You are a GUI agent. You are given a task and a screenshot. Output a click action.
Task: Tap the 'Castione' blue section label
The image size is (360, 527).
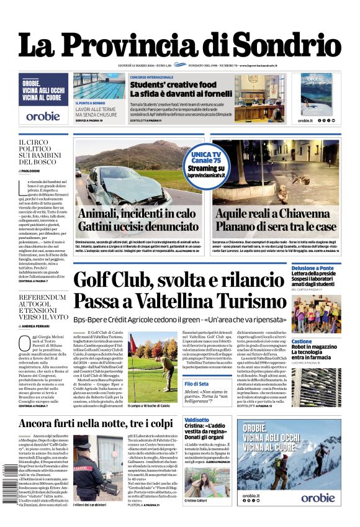302,341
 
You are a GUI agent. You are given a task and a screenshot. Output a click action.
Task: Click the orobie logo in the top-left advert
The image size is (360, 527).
43,115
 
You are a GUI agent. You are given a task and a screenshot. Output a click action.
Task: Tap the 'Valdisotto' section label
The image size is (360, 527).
197,420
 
